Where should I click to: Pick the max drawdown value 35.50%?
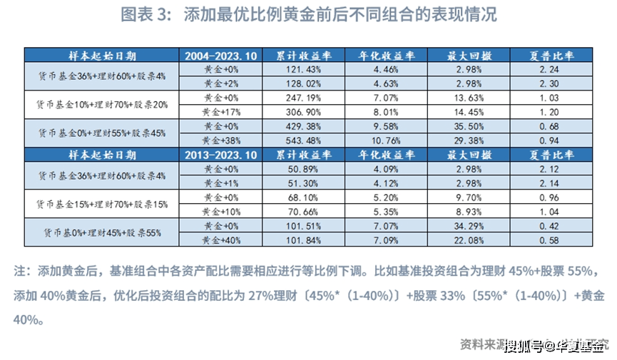click(x=470, y=126)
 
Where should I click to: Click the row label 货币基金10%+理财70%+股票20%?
click(x=102, y=105)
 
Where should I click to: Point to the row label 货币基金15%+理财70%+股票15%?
click(x=102, y=204)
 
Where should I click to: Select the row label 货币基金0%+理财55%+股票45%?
click(x=102, y=133)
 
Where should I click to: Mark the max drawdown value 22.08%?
click(x=470, y=240)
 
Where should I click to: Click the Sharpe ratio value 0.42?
click(x=553, y=225)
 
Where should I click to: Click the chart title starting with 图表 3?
click(x=308, y=15)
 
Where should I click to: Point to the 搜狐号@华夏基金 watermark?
click(x=556, y=346)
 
